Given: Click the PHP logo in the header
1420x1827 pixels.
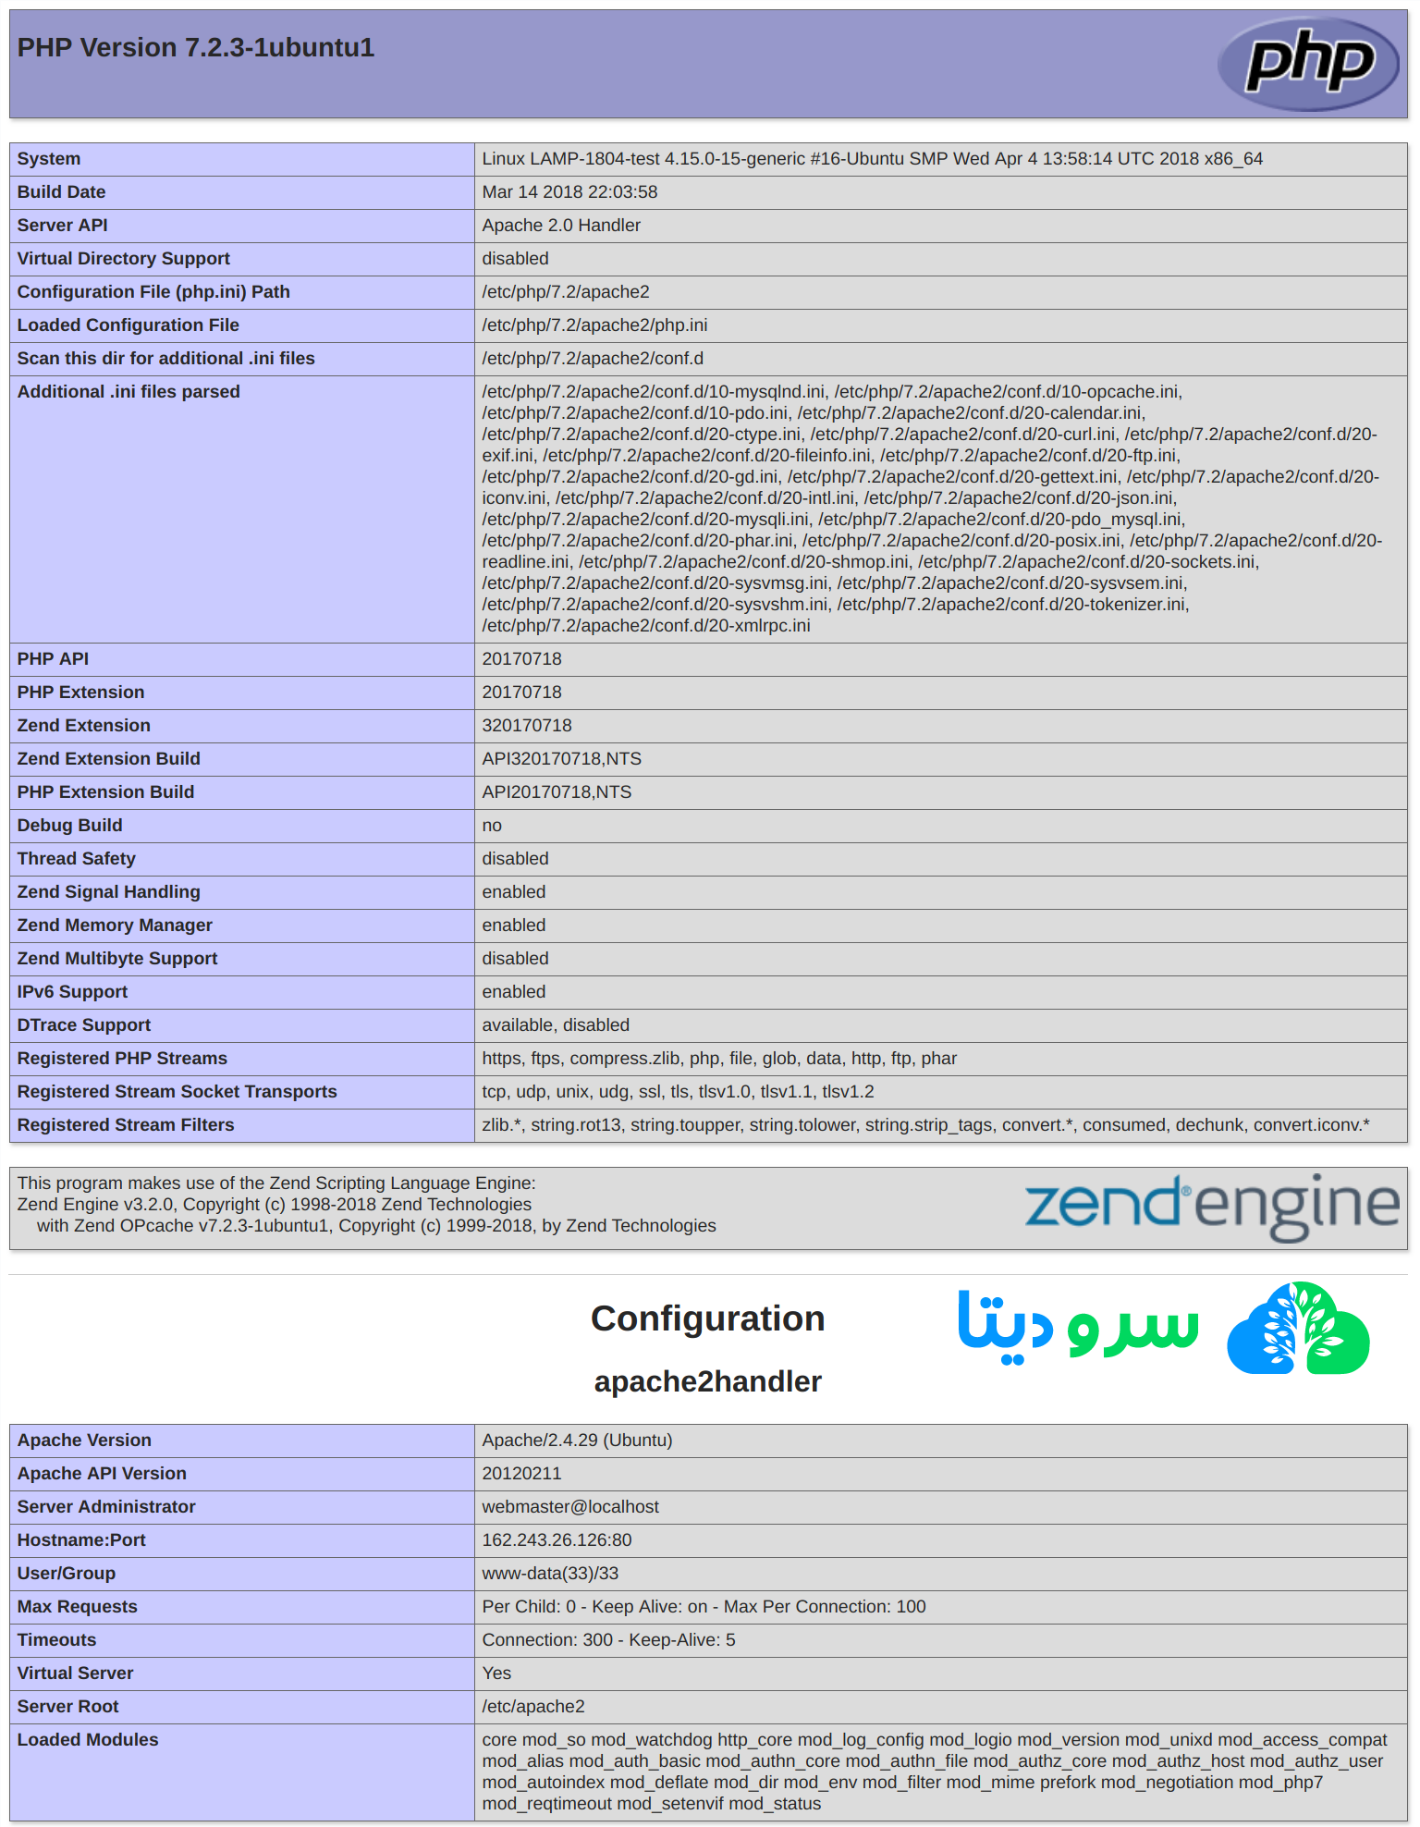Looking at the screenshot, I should coord(1308,63).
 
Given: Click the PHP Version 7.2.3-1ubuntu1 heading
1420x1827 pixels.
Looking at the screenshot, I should coord(196,48).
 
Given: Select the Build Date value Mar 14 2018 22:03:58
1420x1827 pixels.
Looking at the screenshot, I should coord(569,192).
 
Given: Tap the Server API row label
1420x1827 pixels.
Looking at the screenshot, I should coord(62,226).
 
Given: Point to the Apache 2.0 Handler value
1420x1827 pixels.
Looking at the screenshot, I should coord(561,226).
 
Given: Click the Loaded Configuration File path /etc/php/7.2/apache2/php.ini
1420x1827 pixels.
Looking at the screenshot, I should coord(594,325).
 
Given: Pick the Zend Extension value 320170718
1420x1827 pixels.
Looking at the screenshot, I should coord(527,726).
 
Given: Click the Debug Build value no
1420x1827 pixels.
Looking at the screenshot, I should coord(492,826).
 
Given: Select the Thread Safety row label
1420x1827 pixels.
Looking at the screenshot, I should coord(76,859).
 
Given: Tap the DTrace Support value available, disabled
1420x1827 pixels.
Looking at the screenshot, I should coord(556,1025).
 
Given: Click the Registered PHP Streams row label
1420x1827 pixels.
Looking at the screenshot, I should coord(122,1059).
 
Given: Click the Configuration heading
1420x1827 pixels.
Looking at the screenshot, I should coord(707,1318).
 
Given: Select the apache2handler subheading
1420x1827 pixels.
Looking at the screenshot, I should coord(707,1381).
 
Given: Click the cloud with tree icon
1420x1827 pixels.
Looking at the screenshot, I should coord(1298,1330).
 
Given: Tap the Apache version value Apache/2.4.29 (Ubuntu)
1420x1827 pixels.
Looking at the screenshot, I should coord(577,1441).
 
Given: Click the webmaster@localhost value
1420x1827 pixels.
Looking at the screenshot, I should coord(570,1507).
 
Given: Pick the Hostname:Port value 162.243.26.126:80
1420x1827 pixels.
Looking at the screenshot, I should coord(557,1540).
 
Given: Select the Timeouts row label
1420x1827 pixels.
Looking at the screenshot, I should coord(56,1640).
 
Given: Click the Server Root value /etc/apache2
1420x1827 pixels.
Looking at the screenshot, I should coord(533,1707).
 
